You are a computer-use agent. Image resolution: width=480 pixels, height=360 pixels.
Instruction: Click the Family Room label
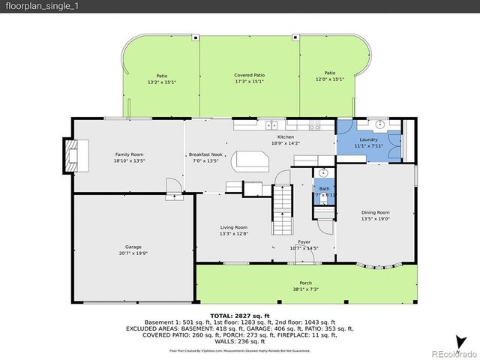pos(128,154)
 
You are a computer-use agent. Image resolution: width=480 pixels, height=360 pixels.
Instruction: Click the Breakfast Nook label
pos(202,154)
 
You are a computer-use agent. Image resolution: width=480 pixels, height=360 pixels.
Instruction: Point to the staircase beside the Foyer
pos(281,201)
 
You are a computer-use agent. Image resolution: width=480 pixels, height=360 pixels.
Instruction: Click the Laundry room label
pos(368,139)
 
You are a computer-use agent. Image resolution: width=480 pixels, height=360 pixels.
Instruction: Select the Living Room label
pos(234,227)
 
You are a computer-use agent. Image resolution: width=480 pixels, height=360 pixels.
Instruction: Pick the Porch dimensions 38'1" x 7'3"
pos(305,289)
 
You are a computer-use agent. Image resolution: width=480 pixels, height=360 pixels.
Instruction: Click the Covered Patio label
pos(249,75)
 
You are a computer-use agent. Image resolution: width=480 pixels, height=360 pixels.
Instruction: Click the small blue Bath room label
pos(324,189)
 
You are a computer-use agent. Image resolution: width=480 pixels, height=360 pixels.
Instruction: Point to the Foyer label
pos(304,242)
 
